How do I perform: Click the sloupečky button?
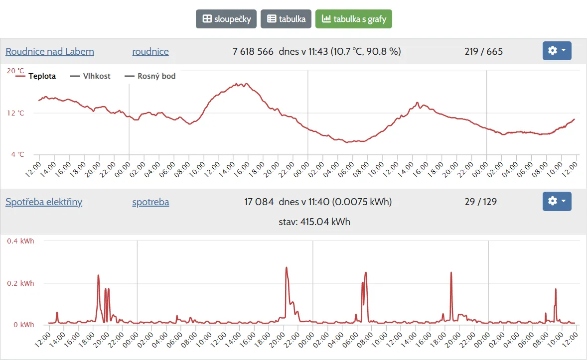pyautogui.click(x=226, y=19)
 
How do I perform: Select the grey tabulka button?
pyautogui.click(x=286, y=19)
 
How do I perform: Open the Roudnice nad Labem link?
pyautogui.click(x=50, y=51)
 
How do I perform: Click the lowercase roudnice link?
pyautogui.click(x=150, y=51)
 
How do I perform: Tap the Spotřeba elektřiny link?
pyautogui.click(x=44, y=202)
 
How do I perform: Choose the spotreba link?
pyautogui.click(x=150, y=202)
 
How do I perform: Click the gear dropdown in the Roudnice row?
pyautogui.click(x=557, y=51)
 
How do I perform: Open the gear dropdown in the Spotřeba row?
pyautogui.click(x=557, y=201)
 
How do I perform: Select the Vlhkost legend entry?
pyautogui.click(x=91, y=76)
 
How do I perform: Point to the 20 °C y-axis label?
pyautogui.click(x=15, y=71)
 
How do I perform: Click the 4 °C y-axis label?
pyautogui.click(x=17, y=154)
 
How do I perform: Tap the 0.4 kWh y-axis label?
pyautogui.click(x=20, y=241)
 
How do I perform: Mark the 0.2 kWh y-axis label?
pyautogui.click(x=20, y=283)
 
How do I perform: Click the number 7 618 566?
pyautogui.click(x=253, y=51)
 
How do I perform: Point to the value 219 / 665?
pyautogui.click(x=483, y=51)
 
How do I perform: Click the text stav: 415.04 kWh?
pyautogui.click(x=314, y=222)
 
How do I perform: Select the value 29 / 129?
pyautogui.click(x=480, y=202)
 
